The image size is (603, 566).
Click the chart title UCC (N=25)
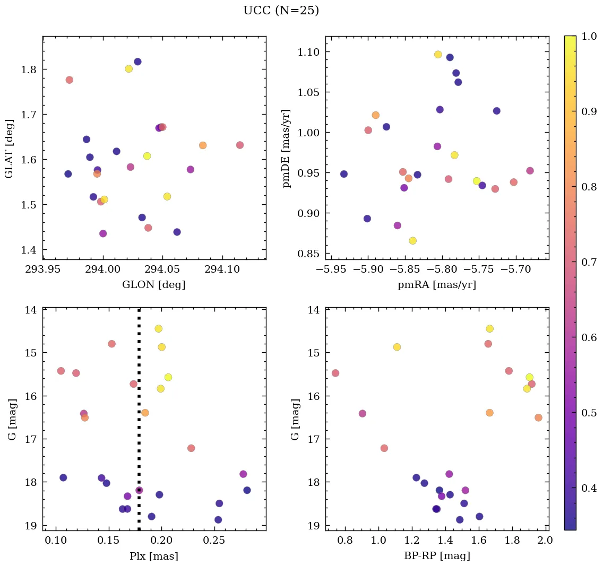click(281, 11)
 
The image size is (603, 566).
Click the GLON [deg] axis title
click(154, 285)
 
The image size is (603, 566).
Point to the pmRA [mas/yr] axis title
click(437, 285)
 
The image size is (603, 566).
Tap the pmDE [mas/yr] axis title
click(287, 148)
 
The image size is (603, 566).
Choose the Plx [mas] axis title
click(154, 556)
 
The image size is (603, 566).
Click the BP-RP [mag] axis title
click(437, 556)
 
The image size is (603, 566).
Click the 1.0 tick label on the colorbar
click(589, 36)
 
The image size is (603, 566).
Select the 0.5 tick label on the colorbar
click(589, 413)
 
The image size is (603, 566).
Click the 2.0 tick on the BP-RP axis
click(546, 541)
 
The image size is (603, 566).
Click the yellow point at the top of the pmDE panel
click(438, 55)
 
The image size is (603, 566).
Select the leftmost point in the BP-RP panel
click(335, 373)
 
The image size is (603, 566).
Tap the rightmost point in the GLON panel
click(240, 145)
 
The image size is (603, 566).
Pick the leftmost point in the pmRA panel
click(344, 174)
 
